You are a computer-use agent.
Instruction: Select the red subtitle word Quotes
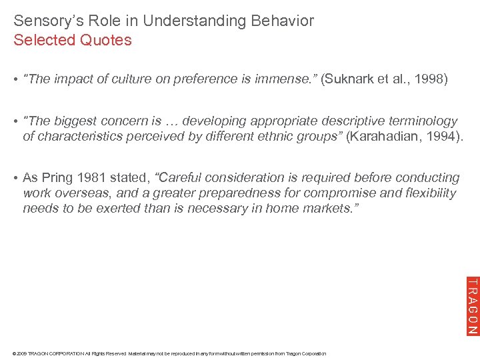[x=105, y=40]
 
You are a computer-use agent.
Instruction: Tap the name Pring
[x=57, y=178]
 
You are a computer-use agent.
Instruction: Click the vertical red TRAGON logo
[x=471, y=305]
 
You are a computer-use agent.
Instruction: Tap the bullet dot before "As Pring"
[x=16, y=178]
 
